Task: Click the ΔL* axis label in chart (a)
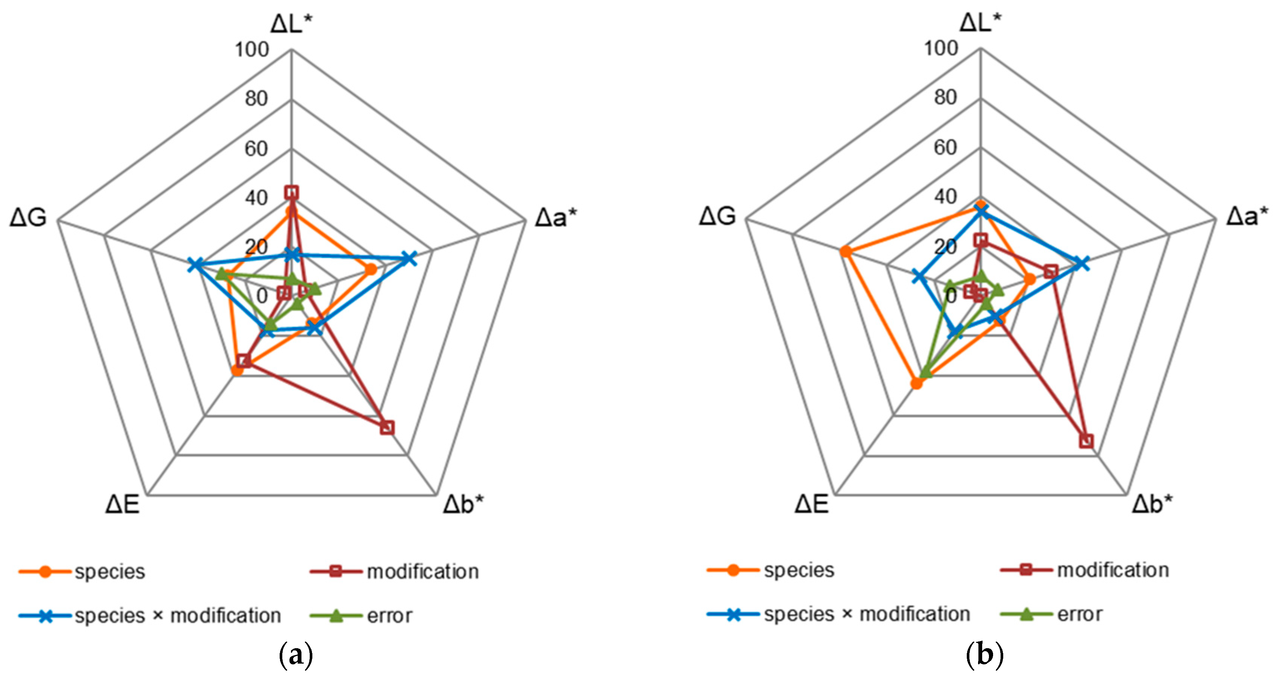pyautogui.click(x=292, y=23)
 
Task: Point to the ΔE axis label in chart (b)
pyautogui.click(x=811, y=504)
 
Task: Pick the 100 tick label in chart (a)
pyautogui.click(x=251, y=50)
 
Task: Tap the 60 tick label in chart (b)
pyautogui.click(x=945, y=147)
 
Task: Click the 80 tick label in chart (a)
pyautogui.click(x=256, y=99)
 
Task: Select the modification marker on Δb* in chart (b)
pyautogui.click(x=1086, y=441)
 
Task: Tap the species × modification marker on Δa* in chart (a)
pyautogui.click(x=408, y=259)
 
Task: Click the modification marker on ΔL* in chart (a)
pyautogui.click(x=292, y=192)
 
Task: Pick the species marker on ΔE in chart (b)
pyautogui.click(x=917, y=383)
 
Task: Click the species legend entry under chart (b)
pyautogui.click(x=771, y=570)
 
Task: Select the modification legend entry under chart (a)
pyautogui.click(x=394, y=572)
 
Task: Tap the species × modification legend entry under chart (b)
pyautogui.click(x=839, y=614)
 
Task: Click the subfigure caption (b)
pyautogui.click(x=985, y=656)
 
